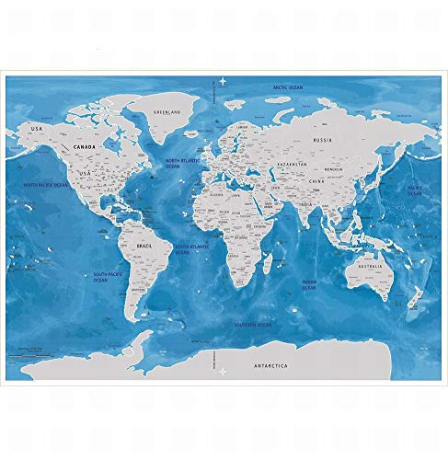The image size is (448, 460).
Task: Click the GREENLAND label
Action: pyautogui.click(x=167, y=112)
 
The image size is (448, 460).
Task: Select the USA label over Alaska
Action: pyautogui.click(x=38, y=128)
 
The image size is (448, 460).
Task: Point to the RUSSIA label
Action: pyautogui.click(x=322, y=140)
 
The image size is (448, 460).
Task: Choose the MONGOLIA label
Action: pyautogui.click(x=328, y=169)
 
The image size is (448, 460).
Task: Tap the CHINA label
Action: pyautogui.click(x=317, y=181)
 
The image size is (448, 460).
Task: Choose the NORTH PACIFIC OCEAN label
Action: pyautogui.click(x=46, y=185)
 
